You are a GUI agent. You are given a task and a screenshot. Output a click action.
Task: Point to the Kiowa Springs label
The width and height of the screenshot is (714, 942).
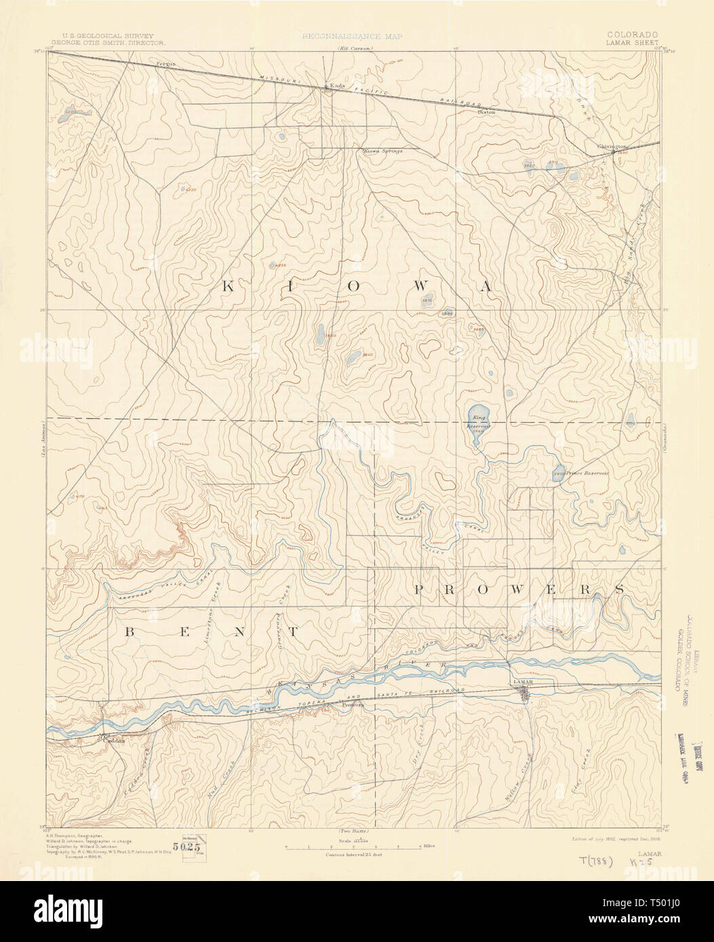coord(383,150)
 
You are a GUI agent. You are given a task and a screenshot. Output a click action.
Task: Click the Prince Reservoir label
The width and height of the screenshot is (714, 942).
coord(587,473)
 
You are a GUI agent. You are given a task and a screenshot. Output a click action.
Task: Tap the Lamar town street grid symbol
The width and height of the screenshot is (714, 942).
coord(525,693)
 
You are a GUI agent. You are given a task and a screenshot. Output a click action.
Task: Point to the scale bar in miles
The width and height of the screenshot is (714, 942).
coord(353,847)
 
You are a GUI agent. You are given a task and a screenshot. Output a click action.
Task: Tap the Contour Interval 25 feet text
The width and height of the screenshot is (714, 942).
coord(353,855)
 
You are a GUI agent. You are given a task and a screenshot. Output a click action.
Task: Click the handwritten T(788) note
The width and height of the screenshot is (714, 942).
coord(597,861)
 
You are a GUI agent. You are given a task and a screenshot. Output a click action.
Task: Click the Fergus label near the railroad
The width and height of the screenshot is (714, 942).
coord(166,64)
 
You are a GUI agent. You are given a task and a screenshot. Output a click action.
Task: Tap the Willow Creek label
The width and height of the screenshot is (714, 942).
coord(516,783)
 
